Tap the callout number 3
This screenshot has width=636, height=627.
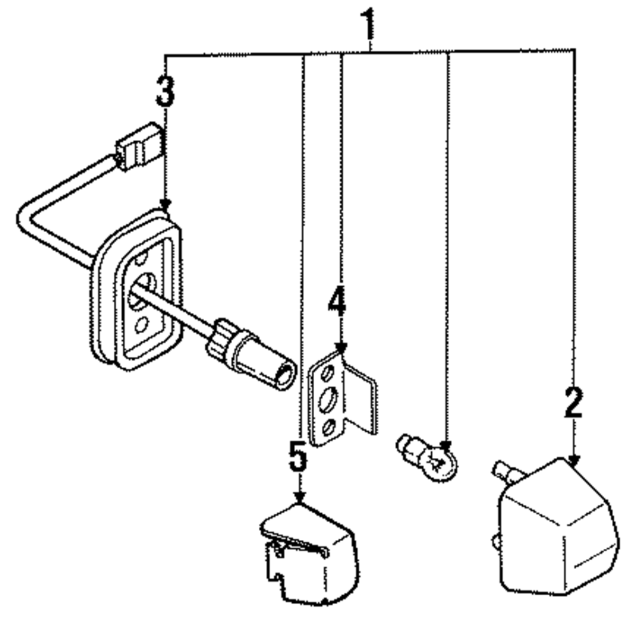[165, 92]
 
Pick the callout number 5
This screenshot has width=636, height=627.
[298, 458]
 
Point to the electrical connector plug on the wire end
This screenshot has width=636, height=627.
[139, 148]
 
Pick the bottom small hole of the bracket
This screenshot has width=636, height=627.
[329, 427]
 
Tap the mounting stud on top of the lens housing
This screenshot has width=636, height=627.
[508, 474]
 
